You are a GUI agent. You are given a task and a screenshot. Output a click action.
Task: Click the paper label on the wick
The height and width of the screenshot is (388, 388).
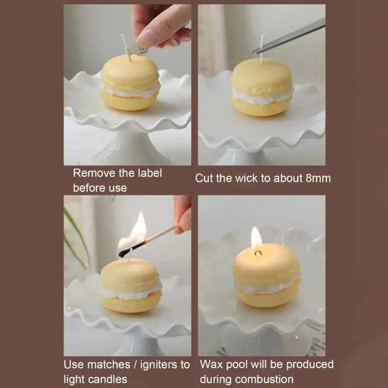click(137, 48)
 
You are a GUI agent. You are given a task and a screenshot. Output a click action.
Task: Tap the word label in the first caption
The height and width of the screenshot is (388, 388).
click(148, 173)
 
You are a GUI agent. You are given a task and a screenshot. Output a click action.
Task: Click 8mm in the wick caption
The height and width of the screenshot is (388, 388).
click(318, 178)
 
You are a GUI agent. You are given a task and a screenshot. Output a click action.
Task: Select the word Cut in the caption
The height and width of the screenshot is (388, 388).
click(204, 178)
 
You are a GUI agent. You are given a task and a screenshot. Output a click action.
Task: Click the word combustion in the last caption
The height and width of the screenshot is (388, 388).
click(271, 379)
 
